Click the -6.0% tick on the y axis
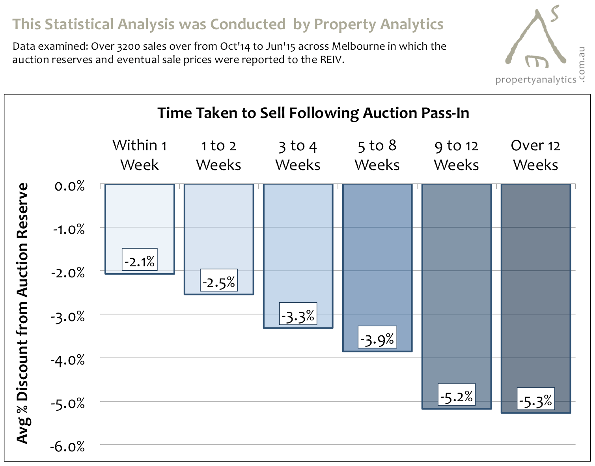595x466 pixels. (x=67, y=447)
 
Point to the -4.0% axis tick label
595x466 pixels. (x=67, y=360)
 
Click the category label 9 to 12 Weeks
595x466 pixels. (x=456, y=155)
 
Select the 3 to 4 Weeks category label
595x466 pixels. (x=298, y=155)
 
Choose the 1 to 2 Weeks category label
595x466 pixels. (x=218, y=155)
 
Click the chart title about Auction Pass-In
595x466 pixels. (x=313, y=113)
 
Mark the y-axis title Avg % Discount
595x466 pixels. (x=23, y=314)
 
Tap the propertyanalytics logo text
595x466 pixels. (x=535, y=80)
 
